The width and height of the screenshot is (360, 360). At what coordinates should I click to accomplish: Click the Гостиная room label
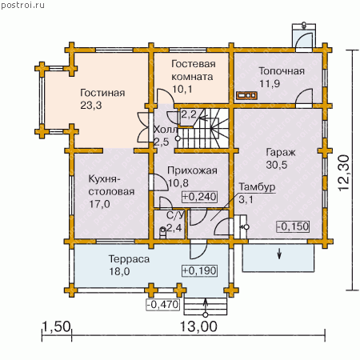(x=102, y=93)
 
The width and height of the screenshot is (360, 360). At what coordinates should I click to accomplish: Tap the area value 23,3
(x=91, y=106)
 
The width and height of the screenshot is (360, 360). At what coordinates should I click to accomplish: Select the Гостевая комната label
(x=193, y=70)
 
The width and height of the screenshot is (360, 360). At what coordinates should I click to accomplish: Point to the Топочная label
(x=282, y=71)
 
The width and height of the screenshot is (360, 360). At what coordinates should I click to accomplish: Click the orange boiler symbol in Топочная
(x=246, y=95)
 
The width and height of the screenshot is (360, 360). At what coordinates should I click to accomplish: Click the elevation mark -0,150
(x=293, y=226)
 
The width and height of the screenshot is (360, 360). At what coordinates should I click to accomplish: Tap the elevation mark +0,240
(x=199, y=197)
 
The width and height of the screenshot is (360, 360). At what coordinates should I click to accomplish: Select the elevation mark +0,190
(x=199, y=270)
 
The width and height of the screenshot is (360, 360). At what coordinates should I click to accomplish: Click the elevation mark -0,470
(x=163, y=305)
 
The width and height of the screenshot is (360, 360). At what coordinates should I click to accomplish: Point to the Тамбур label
(x=257, y=187)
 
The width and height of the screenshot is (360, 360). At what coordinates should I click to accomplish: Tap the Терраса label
(x=129, y=259)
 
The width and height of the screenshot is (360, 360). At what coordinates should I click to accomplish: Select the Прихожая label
(x=192, y=170)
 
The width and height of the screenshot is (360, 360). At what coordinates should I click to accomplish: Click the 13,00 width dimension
(x=198, y=326)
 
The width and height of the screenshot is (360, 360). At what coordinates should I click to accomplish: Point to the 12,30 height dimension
(x=344, y=173)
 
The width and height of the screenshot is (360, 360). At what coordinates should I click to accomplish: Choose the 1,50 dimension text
(x=57, y=326)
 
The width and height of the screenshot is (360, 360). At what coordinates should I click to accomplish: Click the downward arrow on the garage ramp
(x=279, y=254)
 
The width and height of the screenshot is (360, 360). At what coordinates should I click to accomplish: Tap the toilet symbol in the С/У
(x=162, y=232)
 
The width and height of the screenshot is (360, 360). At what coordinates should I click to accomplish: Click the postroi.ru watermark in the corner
(x=23, y=6)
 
